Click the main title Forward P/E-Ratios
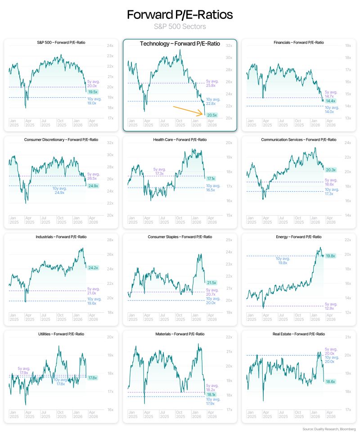click(x=180, y=15)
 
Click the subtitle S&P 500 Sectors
click(x=180, y=27)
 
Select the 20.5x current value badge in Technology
click(x=211, y=115)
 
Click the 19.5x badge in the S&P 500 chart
click(x=92, y=91)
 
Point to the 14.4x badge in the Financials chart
click(x=331, y=101)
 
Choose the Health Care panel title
click(x=180, y=139)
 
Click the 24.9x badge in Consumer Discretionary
click(x=93, y=185)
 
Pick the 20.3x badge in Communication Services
click(x=330, y=170)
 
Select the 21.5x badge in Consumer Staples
click(x=211, y=283)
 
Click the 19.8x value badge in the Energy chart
click(x=331, y=256)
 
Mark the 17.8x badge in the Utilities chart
click(x=93, y=378)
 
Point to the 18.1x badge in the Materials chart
click(x=211, y=394)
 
